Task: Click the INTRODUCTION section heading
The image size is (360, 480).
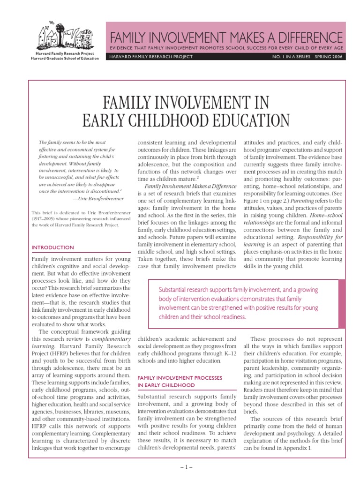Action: pos(52,247)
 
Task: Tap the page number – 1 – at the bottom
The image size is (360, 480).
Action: pos(180,467)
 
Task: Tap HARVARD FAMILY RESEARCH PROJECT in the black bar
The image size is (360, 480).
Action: pos(151,57)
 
